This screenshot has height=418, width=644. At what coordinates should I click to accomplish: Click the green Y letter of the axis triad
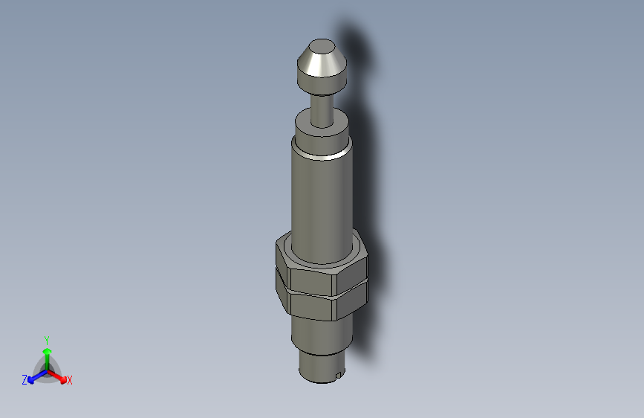pyautogui.click(x=47, y=339)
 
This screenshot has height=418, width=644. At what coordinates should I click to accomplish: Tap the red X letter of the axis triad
pyautogui.click(x=70, y=381)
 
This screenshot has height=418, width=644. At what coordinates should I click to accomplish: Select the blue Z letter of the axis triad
pyautogui.click(x=25, y=380)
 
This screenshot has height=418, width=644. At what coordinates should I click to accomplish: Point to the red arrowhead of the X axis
pyautogui.click(x=62, y=377)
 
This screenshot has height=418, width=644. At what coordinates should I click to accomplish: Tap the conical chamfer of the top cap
pyautogui.click(x=319, y=65)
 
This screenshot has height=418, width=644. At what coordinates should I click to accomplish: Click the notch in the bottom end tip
pyautogui.click(x=338, y=373)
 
